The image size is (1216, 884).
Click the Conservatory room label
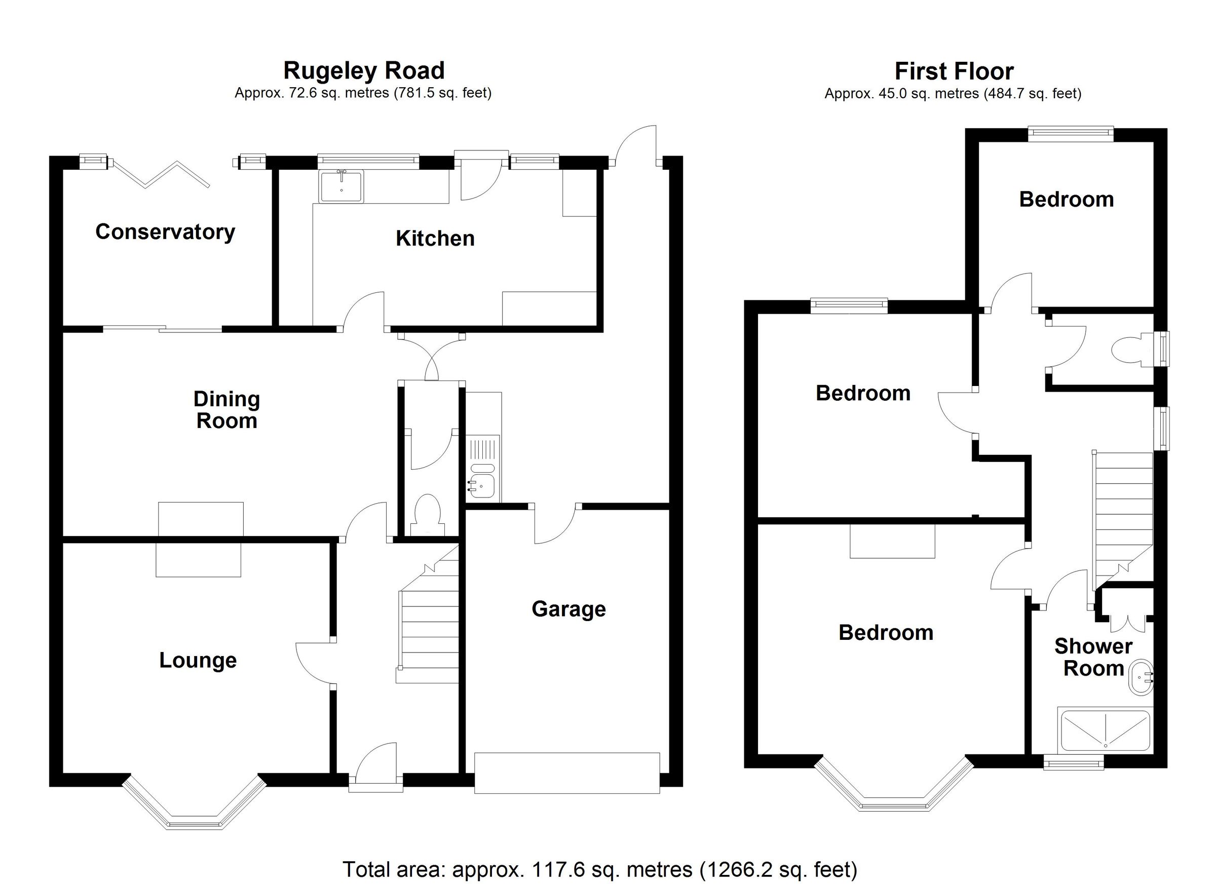tap(165, 232)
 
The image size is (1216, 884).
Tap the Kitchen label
tap(435, 239)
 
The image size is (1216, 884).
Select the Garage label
tap(568, 609)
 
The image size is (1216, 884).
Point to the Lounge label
tap(198, 660)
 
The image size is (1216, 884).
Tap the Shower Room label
tap(1093, 657)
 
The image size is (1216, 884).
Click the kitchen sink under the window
tap(341, 186)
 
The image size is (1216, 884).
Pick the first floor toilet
tap(1127, 351)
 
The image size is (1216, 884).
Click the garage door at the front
tap(567, 773)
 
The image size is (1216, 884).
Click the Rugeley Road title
tap(363, 71)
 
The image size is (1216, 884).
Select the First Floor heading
tap(954, 71)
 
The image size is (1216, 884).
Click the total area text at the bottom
tap(599, 869)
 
